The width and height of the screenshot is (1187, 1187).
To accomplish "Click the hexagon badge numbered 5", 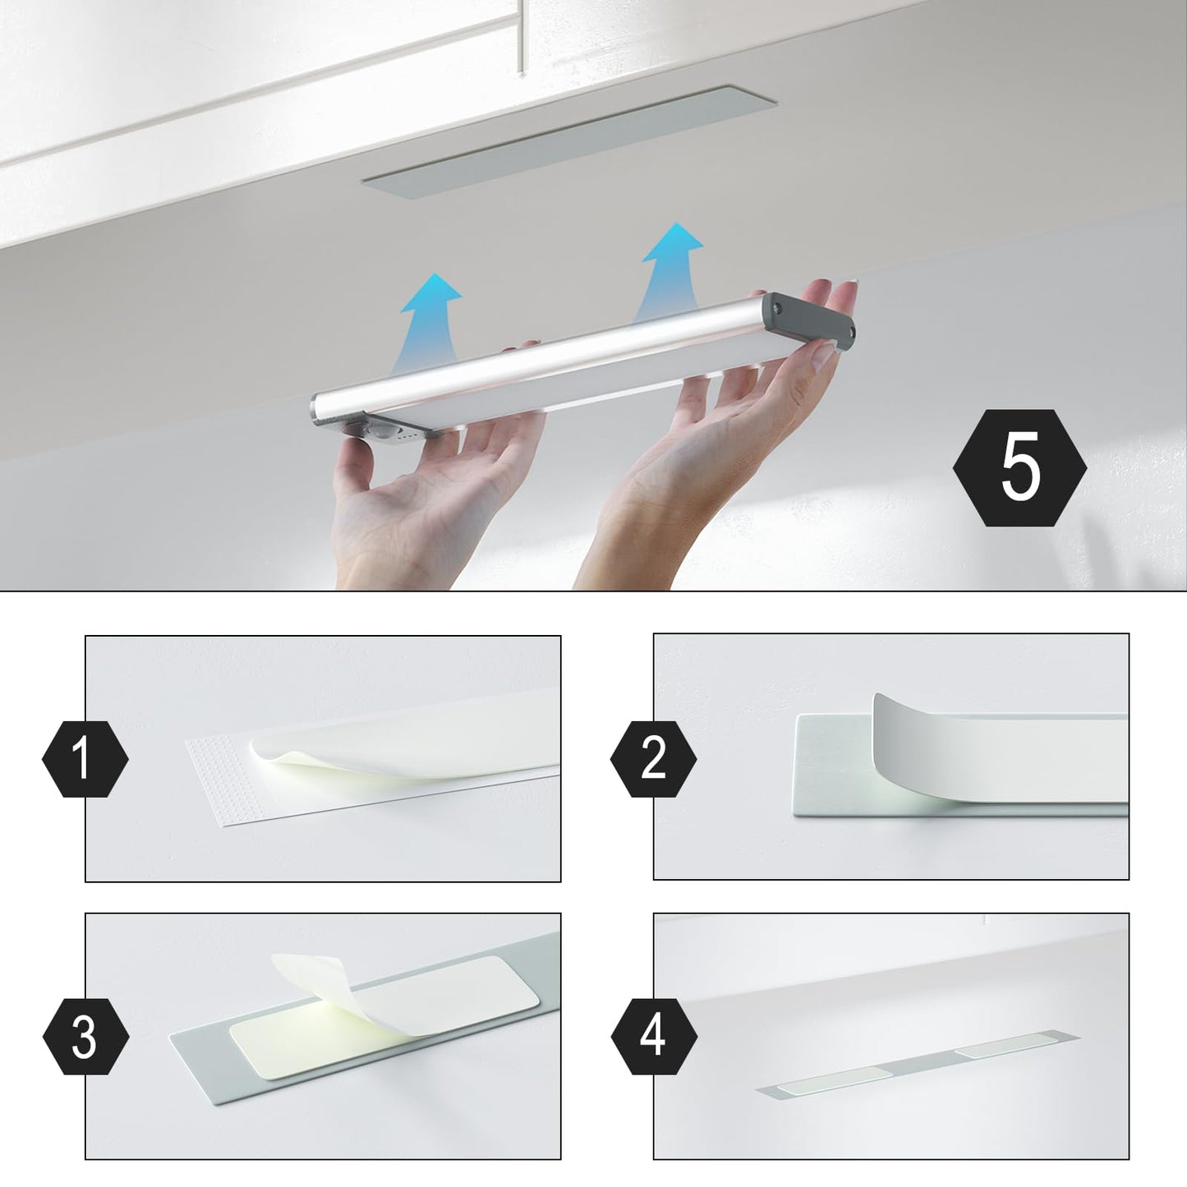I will (1019, 468).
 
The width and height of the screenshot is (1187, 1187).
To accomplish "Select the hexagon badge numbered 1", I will (85, 759).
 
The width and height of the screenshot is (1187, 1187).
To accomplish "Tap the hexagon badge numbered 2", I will (653, 759).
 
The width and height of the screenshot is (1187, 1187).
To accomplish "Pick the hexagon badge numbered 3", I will (85, 1037).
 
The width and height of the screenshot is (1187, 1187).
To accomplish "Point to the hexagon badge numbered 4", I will (654, 1037).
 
